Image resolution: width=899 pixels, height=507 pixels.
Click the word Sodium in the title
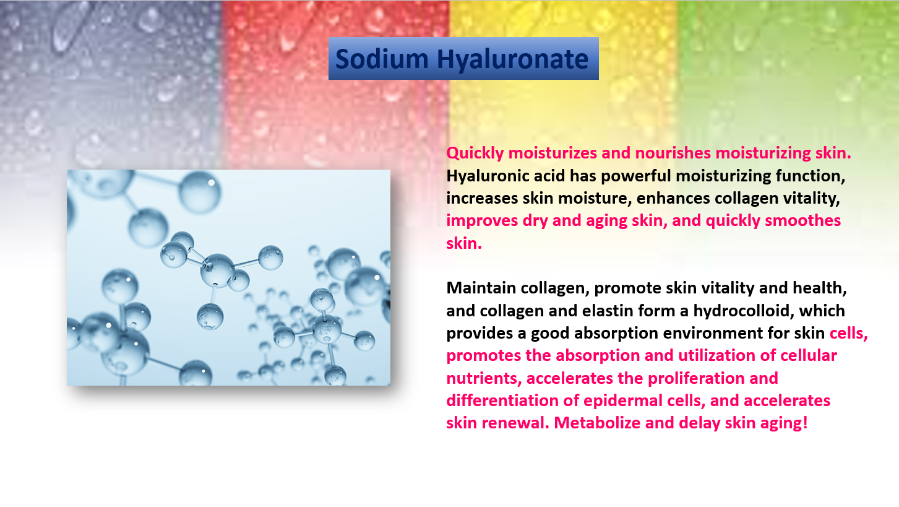point(382,59)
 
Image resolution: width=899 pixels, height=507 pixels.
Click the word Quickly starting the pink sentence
point(475,154)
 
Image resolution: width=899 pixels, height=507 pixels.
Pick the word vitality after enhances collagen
point(811,199)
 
